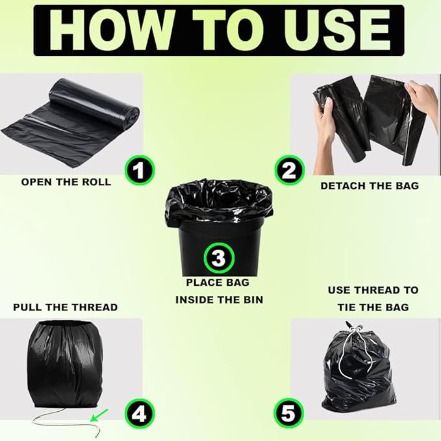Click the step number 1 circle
click(x=140, y=170)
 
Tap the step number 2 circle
click(x=290, y=170)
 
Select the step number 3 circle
click(x=219, y=258)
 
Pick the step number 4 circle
click(x=140, y=414)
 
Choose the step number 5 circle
click(x=289, y=414)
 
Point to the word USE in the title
click(x=336, y=30)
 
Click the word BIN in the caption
click(x=253, y=300)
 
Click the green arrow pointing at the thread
click(x=99, y=416)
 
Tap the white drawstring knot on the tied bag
click(x=355, y=329)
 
